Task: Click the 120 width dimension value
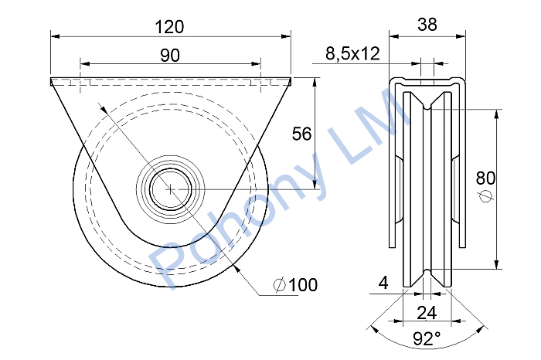pos(169,27)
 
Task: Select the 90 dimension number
pos(170,55)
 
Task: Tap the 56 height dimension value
pos(301,134)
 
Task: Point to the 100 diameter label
pos(303,285)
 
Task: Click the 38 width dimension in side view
pos(427,25)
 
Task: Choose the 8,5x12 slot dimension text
pos(352,54)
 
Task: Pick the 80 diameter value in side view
pos(485,178)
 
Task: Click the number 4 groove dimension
pos(383,283)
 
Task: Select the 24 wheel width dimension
pos(427,313)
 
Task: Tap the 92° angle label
pos(427,338)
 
